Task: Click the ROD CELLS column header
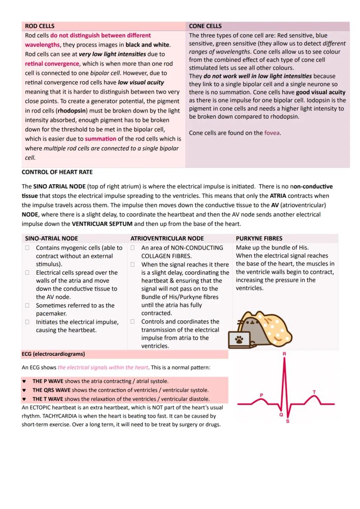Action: (x=40, y=26)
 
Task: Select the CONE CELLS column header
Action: (x=205, y=26)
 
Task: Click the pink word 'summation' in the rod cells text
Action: (x=100, y=139)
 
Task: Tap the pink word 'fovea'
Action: (x=272, y=133)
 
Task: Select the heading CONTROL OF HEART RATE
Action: (x=57, y=172)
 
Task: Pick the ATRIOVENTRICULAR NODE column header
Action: (x=167, y=238)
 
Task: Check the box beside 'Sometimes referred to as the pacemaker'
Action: (x=27, y=306)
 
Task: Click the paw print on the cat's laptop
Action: (x=239, y=340)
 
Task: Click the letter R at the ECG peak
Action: (x=284, y=354)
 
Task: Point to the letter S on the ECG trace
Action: (x=287, y=421)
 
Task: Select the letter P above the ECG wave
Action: (x=261, y=395)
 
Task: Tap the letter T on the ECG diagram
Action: (x=314, y=392)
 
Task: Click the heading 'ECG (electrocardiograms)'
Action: (x=53, y=354)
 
